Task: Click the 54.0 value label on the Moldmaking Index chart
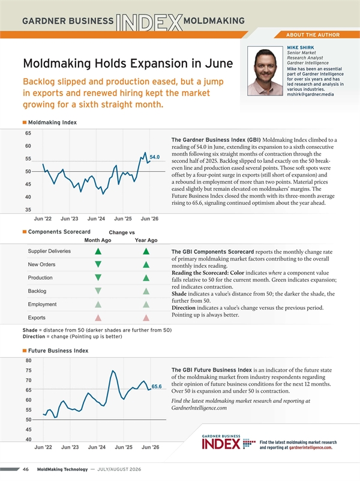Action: (154, 157)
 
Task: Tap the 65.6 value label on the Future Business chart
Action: (157, 387)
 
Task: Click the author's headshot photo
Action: (265, 71)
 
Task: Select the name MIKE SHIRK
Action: (300, 47)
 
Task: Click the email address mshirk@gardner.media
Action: (310, 94)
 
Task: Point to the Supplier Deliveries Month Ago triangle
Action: (98, 251)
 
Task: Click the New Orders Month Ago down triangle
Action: (98, 264)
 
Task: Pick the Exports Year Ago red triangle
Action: (146, 318)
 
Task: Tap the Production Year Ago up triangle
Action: (146, 277)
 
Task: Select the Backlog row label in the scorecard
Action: (37, 291)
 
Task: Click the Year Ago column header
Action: (146, 240)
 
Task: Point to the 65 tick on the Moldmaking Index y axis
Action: (28, 133)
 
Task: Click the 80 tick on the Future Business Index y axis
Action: (28, 360)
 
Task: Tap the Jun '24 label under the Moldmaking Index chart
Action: (96, 219)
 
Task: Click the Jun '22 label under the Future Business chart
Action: (43, 447)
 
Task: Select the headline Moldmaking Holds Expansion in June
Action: (128, 64)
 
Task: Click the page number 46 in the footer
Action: (26, 470)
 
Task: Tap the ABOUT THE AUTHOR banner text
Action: (313, 35)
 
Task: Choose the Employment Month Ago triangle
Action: (98, 304)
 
